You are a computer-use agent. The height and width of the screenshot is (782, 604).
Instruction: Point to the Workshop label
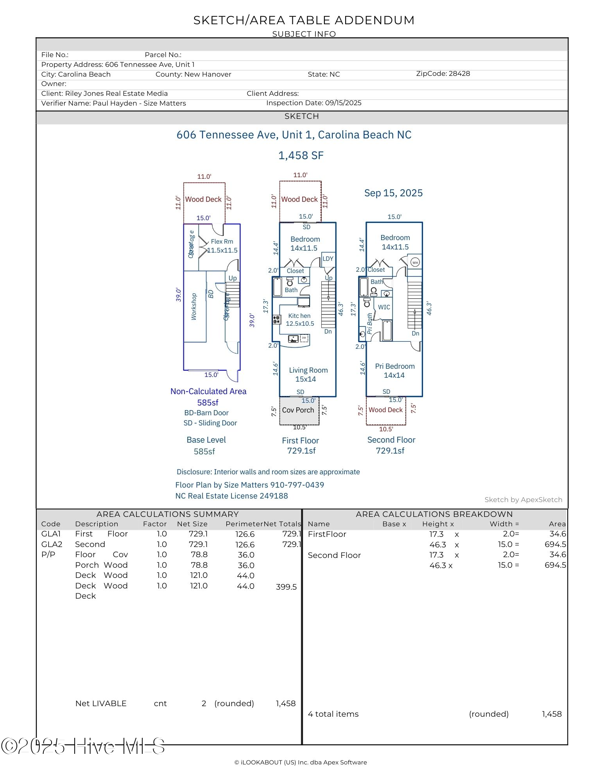coord(194,307)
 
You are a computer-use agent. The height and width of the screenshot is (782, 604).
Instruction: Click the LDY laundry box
coord(328,259)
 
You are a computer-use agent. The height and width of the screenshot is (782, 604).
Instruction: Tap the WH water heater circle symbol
coord(415,262)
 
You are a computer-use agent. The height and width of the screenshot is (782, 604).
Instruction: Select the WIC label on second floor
coord(384,307)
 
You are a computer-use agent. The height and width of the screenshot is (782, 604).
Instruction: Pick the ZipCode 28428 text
coord(443,74)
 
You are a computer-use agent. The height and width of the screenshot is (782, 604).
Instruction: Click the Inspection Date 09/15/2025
coord(314,103)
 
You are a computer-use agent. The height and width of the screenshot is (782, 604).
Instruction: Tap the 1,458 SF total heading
coord(301,156)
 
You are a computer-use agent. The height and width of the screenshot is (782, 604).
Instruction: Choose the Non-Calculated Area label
coord(208,391)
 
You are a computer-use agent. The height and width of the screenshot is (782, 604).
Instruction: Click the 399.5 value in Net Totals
coord(286,587)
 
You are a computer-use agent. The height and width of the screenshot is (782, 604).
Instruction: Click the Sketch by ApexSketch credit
coord(523,500)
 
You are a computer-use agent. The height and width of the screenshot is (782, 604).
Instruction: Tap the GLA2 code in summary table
coord(52,544)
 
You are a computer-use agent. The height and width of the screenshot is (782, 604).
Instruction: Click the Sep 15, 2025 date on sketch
coord(393,193)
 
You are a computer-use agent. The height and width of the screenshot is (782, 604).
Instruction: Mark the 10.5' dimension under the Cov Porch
coord(300,427)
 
